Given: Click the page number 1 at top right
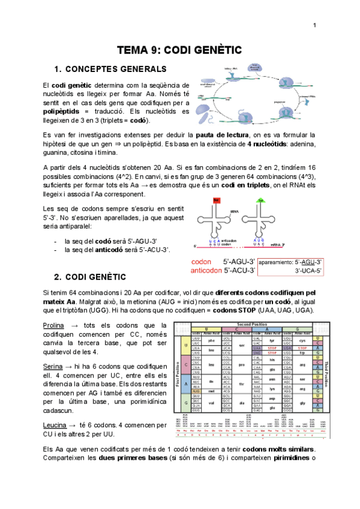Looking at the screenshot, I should [314, 25].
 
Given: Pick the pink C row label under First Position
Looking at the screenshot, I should [187, 364].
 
